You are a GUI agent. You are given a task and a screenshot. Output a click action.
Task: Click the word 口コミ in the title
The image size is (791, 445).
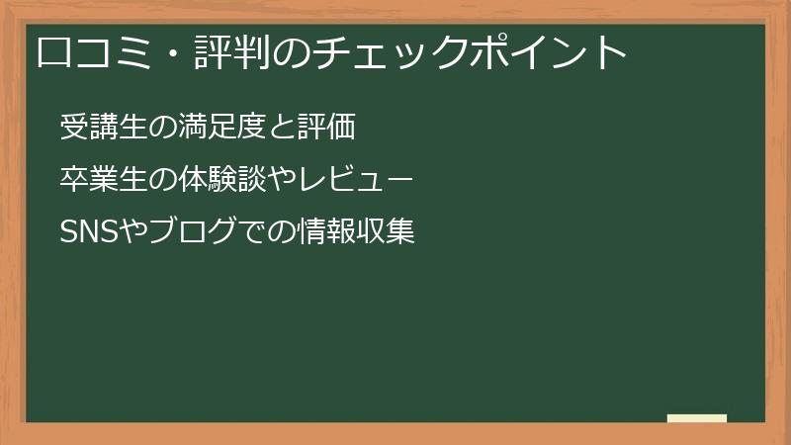point(85,52)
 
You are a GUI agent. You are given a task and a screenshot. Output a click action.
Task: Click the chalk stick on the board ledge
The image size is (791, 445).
point(696,418)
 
